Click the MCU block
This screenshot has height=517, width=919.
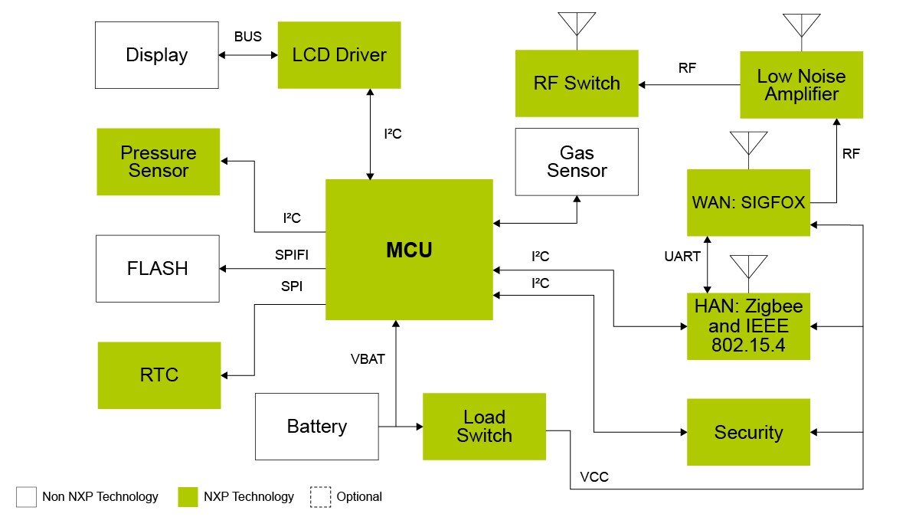click(x=409, y=250)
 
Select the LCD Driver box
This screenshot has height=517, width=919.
click(x=339, y=55)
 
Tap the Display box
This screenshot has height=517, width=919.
click(x=157, y=55)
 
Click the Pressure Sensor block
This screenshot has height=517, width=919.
click(x=159, y=162)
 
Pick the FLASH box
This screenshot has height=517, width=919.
click(x=157, y=269)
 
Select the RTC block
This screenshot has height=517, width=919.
click(x=159, y=375)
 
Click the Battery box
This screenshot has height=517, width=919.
click(x=316, y=427)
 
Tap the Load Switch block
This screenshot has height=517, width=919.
click(x=484, y=427)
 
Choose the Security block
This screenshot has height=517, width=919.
click(x=748, y=432)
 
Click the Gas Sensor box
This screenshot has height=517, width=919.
click(x=577, y=162)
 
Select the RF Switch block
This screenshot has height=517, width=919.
click(x=577, y=83)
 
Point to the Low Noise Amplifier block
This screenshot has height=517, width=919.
click(x=801, y=84)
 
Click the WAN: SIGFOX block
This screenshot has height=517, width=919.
click(x=748, y=203)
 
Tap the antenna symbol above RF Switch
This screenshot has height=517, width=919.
click(x=577, y=25)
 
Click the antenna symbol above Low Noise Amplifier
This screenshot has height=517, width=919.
click(x=802, y=25)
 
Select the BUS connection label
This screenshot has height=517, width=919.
click(x=247, y=37)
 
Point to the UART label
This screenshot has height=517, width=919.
click(x=682, y=257)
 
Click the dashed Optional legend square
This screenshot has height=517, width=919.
click(x=320, y=496)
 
